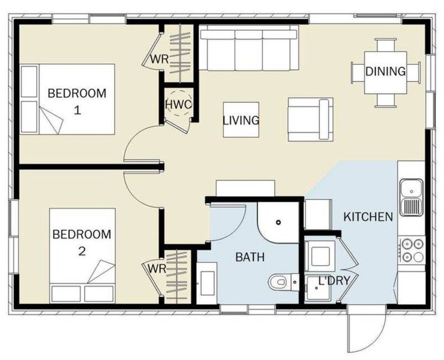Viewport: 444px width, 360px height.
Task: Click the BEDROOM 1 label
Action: click(x=77, y=101)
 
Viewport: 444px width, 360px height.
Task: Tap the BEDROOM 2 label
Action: click(x=82, y=242)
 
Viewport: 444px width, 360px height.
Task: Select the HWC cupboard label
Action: click(x=179, y=104)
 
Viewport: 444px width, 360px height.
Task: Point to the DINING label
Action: click(x=385, y=71)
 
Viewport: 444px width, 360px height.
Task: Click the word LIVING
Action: click(x=241, y=121)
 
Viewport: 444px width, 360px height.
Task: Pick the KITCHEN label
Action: click(x=368, y=217)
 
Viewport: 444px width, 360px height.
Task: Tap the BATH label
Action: click(x=250, y=257)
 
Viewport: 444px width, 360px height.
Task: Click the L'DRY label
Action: click(x=334, y=280)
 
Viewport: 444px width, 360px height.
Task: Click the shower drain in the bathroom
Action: click(x=278, y=223)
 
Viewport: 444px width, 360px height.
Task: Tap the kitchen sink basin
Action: click(x=411, y=188)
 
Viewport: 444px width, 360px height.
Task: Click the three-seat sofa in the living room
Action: click(x=249, y=47)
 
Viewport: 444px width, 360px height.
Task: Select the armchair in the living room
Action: click(x=310, y=119)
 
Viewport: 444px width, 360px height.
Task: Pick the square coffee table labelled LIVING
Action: click(x=241, y=120)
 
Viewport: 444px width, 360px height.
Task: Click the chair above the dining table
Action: click(x=385, y=46)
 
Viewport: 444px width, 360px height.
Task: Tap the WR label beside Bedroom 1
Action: click(x=160, y=59)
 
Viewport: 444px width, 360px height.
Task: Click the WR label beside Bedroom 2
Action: click(x=157, y=269)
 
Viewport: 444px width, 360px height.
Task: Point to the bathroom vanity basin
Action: click(x=207, y=283)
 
